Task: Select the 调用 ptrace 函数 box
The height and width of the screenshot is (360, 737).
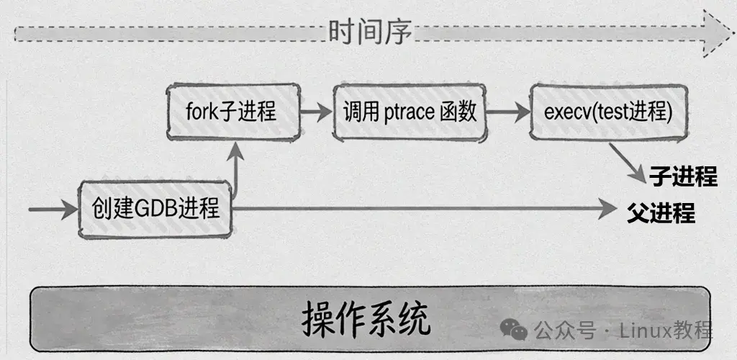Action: [x=410, y=112]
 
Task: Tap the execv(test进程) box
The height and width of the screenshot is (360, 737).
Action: [x=607, y=112]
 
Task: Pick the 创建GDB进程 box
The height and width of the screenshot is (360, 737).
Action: [x=155, y=209]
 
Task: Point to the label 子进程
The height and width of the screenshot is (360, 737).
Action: [x=684, y=176]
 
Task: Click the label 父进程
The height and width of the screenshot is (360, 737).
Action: [x=661, y=213]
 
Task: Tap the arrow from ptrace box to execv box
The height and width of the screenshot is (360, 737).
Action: [x=507, y=112]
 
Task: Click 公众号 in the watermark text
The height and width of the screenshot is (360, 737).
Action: [x=555, y=330]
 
